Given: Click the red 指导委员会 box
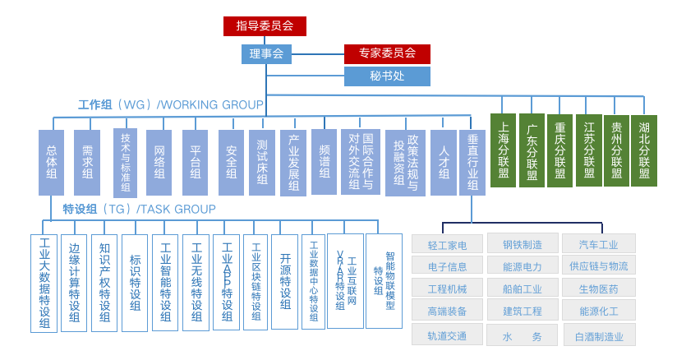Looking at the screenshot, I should coord(265,26).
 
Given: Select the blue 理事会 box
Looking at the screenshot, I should coord(265,54).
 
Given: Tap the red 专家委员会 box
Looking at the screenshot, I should coord(387,54).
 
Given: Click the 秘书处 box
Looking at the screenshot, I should coord(387,76).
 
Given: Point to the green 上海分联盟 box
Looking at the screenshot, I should coord(503,150).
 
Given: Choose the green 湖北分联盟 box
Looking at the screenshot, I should coord(644,150).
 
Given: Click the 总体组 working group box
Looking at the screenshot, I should coord(51,162).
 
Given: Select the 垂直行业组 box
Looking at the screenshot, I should coord(472,162).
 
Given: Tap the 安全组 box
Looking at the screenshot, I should coord(232,162).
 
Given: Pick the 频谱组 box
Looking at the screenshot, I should coord(324,162).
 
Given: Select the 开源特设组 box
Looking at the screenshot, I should coord(284,281).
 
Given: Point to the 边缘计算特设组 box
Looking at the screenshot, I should coord(74,283).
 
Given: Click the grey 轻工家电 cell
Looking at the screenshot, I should coord(448,245).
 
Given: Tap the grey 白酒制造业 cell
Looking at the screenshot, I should coord(599,336).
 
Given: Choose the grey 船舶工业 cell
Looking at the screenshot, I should coord(523,289).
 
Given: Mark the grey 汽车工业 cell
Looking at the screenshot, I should coord(599,244).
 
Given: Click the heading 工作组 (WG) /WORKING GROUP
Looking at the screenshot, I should coord(170,105).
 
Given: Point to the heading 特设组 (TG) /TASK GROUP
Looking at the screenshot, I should coord(139,210).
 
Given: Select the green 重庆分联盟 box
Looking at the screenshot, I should coord(559,150).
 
